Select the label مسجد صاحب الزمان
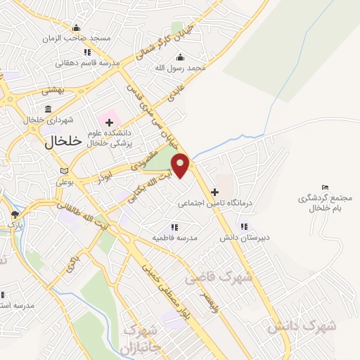pyautogui.click(x=76, y=38)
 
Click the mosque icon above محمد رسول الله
pyautogui.click(x=181, y=57)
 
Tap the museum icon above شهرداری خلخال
pyautogui.click(x=48, y=109)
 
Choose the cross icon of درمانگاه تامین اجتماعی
pyautogui.click(x=214, y=191)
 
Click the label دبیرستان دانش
pyautogui.click(x=243, y=237)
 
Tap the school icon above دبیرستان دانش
pyautogui.click(x=243, y=226)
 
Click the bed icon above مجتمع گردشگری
pyautogui.click(x=323, y=187)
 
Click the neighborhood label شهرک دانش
pyautogui.click(x=302, y=326)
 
